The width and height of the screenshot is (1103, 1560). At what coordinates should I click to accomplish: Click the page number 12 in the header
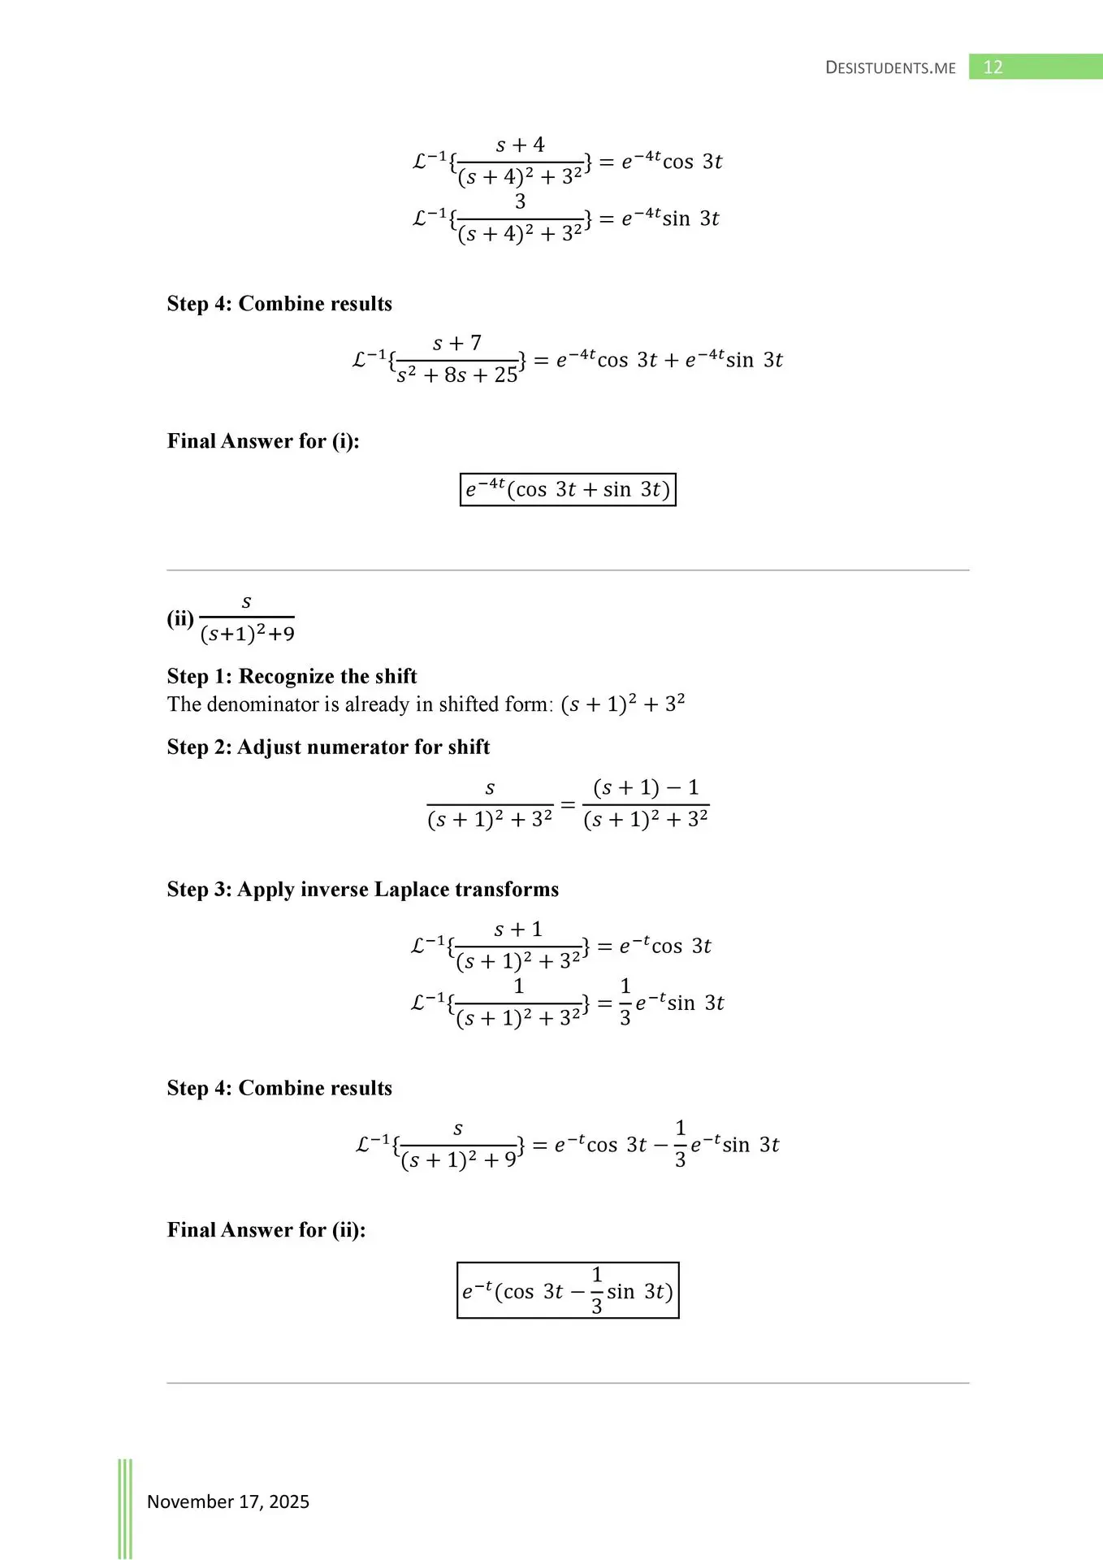[993, 67]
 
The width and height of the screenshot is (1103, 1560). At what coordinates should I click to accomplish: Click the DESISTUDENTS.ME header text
[890, 68]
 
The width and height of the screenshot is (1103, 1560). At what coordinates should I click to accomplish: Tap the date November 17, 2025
[228, 1501]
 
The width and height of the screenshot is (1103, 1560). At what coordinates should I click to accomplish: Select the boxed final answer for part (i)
[568, 489]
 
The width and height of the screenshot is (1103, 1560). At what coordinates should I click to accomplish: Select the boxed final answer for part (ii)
[568, 1290]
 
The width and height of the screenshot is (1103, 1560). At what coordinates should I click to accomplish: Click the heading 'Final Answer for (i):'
[263, 441]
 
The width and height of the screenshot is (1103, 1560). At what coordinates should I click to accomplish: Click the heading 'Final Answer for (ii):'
[266, 1230]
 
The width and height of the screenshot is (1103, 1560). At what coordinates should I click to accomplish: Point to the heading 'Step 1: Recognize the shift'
[292, 677]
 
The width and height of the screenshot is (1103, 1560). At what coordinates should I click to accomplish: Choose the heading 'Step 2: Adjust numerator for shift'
[328, 747]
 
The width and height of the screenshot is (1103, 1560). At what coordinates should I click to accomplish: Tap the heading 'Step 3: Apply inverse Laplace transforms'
[362, 890]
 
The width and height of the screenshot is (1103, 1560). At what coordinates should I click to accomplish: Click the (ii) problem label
[180, 619]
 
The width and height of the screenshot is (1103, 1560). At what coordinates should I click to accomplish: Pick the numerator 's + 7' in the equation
[457, 344]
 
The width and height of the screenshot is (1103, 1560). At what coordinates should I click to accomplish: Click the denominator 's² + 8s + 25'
[457, 375]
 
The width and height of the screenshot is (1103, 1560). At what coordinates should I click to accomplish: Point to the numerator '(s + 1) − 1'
[646, 787]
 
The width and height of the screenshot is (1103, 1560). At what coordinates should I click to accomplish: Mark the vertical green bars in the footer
[125, 1507]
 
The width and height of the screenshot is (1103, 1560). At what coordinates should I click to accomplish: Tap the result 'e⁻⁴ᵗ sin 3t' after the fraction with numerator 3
[670, 219]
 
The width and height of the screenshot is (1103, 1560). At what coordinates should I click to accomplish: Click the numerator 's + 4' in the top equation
[520, 145]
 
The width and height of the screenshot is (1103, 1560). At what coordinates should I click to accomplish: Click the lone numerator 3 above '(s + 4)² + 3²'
[520, 201]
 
